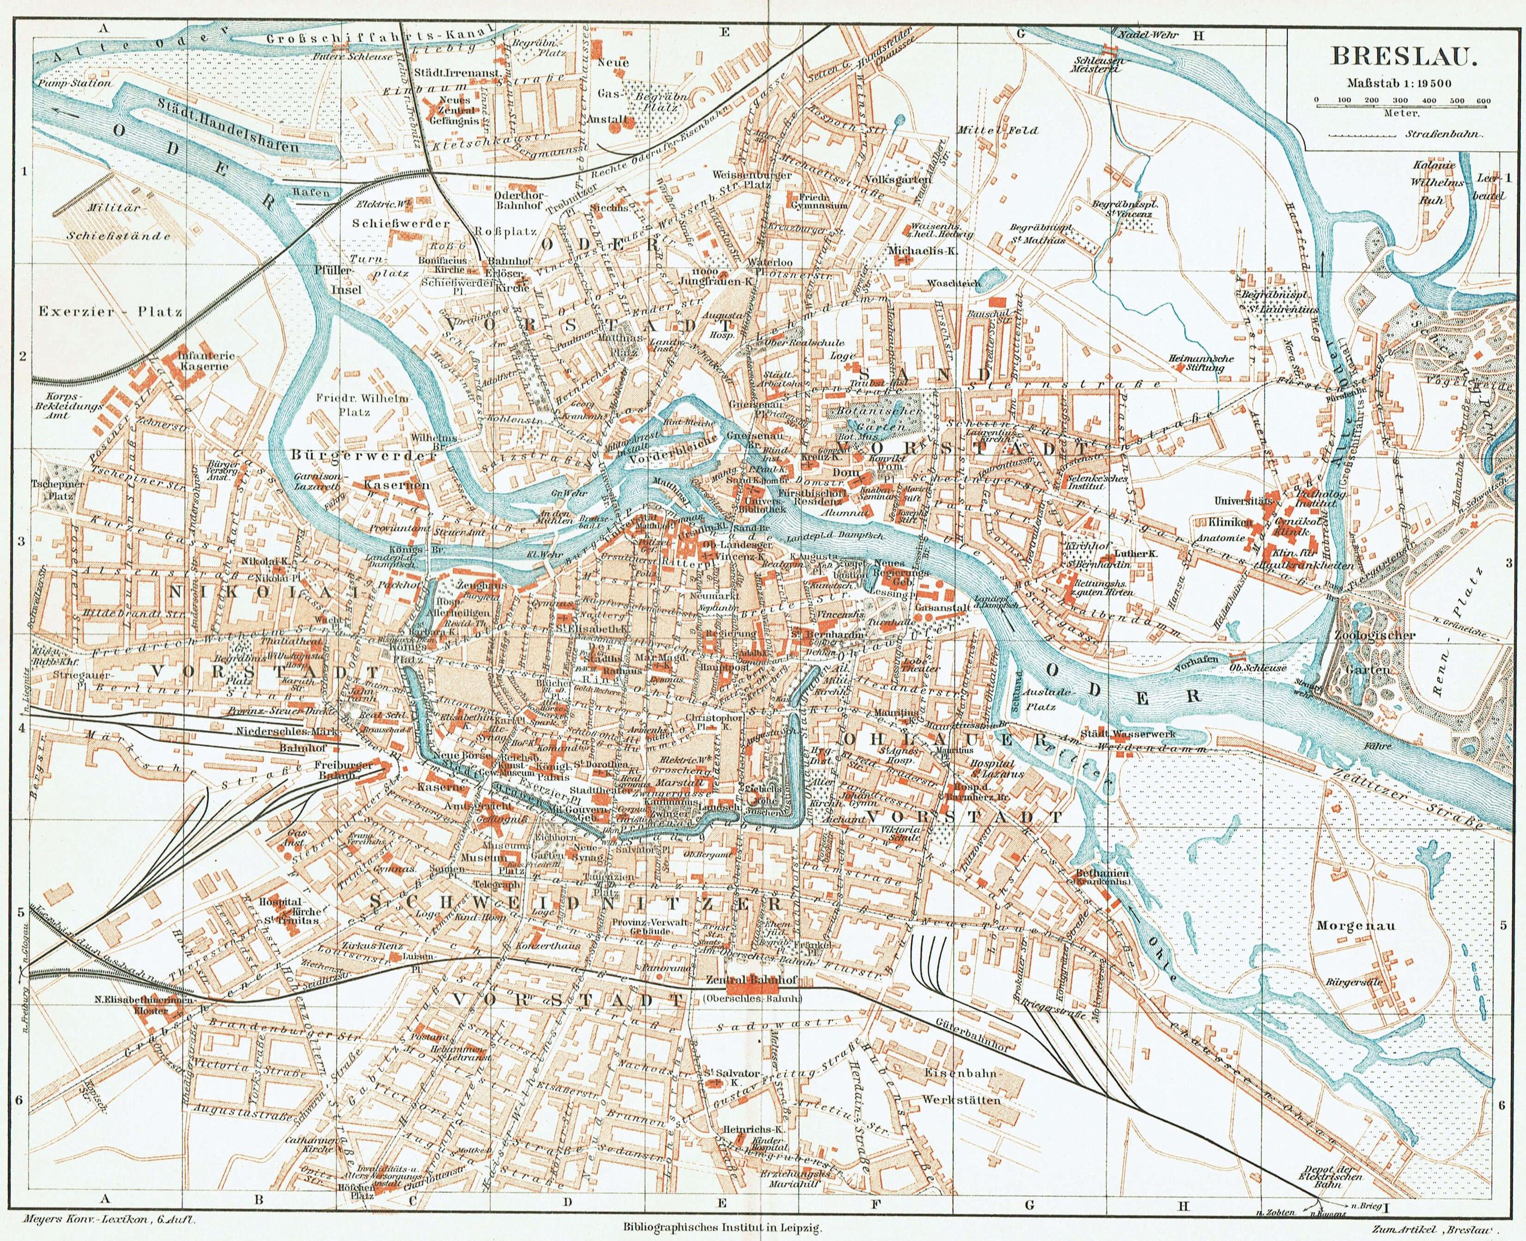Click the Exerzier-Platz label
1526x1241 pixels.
111,312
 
